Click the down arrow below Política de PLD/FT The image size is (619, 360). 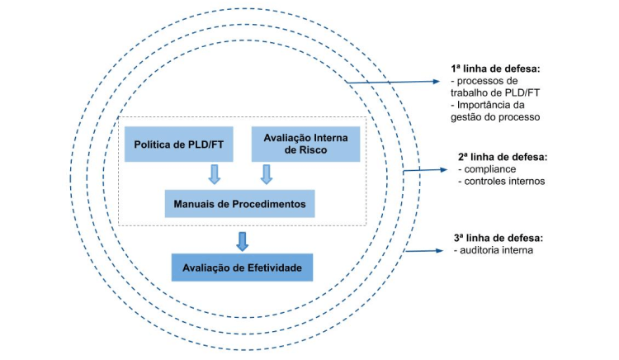(215, 174)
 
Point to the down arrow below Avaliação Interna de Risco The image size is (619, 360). (267, 174)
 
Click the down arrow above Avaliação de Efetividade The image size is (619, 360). (242, 240)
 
